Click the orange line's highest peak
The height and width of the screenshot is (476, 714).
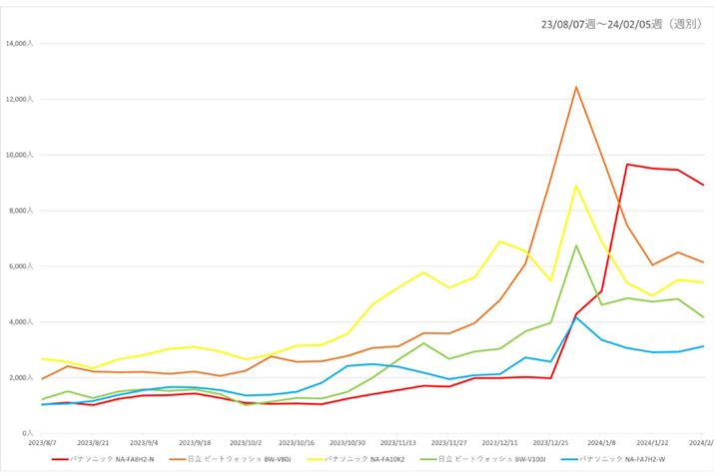pos(576,87)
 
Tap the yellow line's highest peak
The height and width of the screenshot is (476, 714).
pos(576,186)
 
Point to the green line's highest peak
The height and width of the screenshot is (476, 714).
pos(576,245)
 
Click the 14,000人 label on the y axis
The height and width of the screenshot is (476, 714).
pos(21,44)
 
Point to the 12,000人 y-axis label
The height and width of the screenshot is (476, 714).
pos(21,100)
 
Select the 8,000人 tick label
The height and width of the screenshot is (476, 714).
pos(23,211)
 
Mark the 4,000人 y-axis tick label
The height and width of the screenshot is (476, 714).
pos(23,322)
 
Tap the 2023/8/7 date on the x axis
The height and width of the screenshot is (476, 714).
pos(42,442)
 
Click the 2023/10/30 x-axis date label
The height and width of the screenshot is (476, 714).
pos(348,442)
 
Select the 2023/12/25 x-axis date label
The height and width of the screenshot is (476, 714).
pos(551,442)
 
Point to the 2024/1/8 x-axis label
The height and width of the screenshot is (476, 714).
pos(602,442)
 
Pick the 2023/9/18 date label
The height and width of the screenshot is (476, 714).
pos(195,442)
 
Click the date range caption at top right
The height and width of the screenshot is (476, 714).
pos(620,22)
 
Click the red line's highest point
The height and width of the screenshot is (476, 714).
pos(627,165)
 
